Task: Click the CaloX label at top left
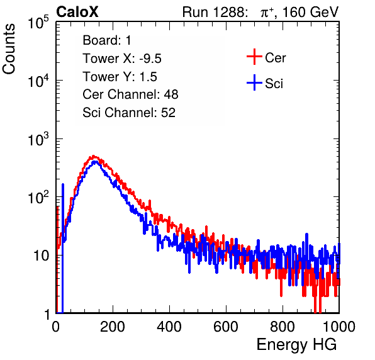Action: point(77,12)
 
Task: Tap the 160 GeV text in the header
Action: point(310,12)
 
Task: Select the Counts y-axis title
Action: point(9,49)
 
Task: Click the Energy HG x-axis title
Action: point(296,345)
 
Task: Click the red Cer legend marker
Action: point(254,57)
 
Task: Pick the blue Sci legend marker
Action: point(254,82)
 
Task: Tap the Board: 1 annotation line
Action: point(107,40)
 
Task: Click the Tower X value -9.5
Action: point(150,59)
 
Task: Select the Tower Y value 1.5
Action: point(148,77)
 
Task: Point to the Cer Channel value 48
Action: point(171,94)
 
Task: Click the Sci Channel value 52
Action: point(168,113)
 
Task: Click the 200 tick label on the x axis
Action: point(113,327)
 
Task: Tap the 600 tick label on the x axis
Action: point(226,327)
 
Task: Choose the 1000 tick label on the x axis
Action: point(339,327)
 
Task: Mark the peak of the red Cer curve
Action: point(94,156)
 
